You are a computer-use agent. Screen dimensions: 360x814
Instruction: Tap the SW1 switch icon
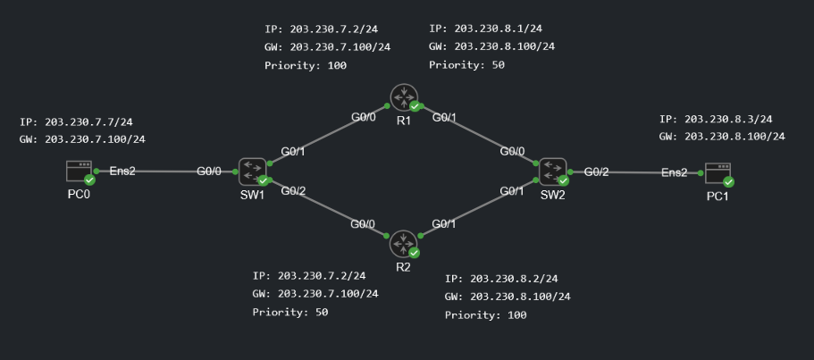(x=252, y=169)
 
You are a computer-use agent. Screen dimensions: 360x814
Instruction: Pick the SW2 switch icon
(x=550, y=169)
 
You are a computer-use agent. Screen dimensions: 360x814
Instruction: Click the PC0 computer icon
(x=80, y=171)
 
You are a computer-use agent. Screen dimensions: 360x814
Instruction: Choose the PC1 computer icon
(x=717, y=172)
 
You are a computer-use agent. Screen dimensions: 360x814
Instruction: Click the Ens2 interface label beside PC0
(x=122, y=171)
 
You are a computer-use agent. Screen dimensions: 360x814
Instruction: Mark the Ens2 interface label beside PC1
(x=675, y=172)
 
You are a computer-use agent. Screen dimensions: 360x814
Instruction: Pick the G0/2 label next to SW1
(x=293, y=190)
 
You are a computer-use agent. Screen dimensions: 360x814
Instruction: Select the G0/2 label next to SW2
(x=596, y=172)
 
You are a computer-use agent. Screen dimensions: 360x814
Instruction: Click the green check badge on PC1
(x=728, y=181)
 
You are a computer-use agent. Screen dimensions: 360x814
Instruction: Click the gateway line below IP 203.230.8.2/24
(x=508, y=297)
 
